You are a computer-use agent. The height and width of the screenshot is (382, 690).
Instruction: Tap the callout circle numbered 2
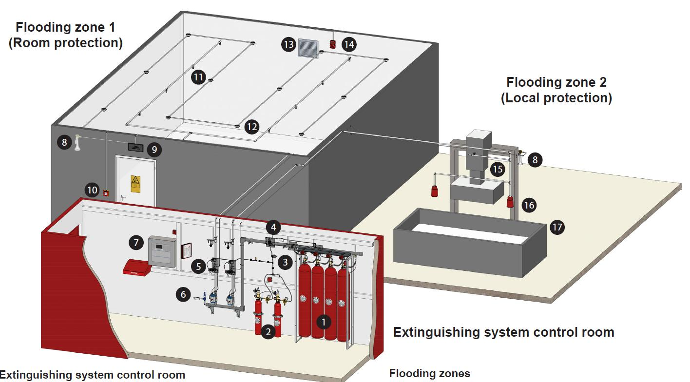(x=267, y=332)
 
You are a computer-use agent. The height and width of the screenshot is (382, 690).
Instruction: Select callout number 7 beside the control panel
(x=136, y=242)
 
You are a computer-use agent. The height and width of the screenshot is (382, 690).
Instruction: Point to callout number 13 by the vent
(x=288, y=45)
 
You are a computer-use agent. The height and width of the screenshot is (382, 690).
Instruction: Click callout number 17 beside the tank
(x=557, y=227)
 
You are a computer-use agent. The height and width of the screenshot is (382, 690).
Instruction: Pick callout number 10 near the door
(x=92, y=190)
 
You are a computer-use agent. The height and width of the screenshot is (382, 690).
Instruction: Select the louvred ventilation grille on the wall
(x=308, y=47)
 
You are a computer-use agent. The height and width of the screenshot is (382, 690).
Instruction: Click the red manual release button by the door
(x=106, y=193)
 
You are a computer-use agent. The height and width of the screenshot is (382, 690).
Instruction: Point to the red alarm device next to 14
(x=333, y=44)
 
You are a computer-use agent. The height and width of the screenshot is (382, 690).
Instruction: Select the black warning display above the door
(x=135, y=146)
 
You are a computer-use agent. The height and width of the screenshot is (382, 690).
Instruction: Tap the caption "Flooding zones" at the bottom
(x=429, y=374)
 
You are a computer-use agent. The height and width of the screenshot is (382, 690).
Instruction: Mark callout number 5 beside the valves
(x=198, y=266)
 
